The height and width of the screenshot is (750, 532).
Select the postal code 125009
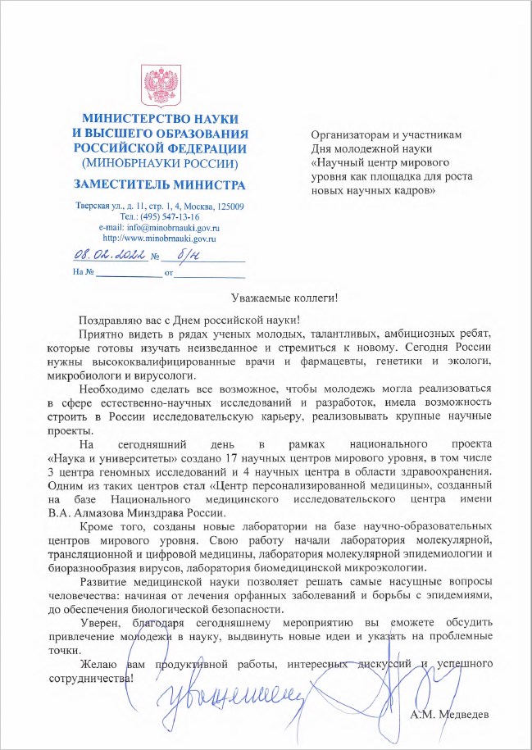pos(236,206)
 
